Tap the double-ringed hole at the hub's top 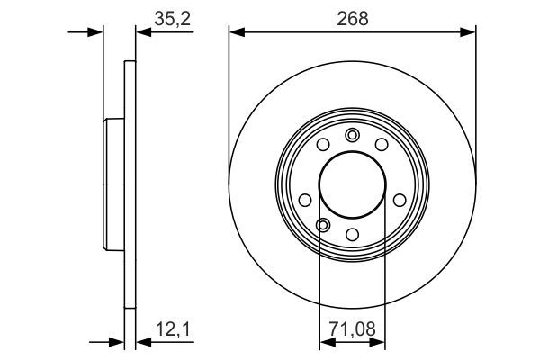[x=352, y=135]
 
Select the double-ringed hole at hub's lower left [x=323, y=224]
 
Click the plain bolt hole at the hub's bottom [x=353, y=235]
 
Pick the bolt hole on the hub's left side [x=305, y=199]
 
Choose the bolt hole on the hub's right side [x=400, y=199]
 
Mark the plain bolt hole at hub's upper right [x=382, y=144]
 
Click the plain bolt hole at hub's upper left [x=323, y=144]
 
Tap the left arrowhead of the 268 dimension [x=236, y=32]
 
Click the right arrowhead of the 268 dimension [x=469, y=32]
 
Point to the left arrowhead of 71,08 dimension [x=324, y=341]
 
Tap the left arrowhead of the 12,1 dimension [x=118, y=341]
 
